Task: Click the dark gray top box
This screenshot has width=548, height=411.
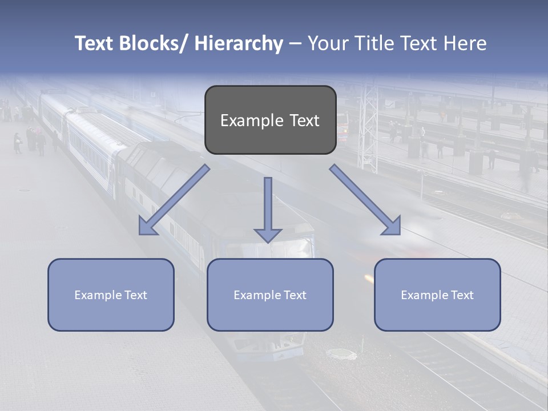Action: (270, 120)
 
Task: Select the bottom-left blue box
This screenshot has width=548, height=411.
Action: (111, 295)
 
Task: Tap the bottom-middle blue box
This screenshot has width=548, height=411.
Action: (270, 295)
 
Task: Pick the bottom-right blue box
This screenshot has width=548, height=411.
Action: (437, 295)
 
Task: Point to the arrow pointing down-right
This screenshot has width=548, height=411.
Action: (365, 200)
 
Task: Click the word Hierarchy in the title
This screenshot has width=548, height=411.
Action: (239, 43)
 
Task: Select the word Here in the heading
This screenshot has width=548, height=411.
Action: (465, 43)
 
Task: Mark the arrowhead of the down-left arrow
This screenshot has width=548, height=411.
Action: (147, 227)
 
